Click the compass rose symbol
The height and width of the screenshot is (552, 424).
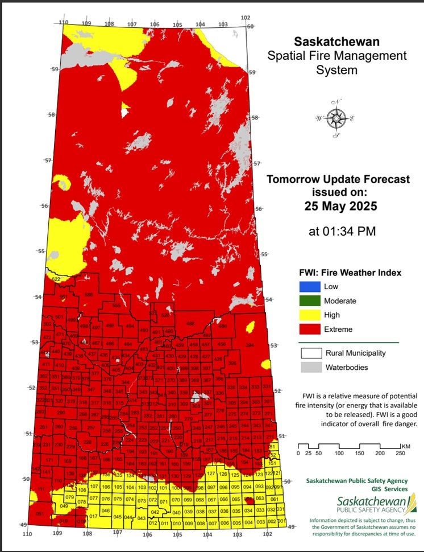pyautogui.click(x=336, y=118)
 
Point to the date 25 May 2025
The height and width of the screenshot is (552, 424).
pyautogui.click(x=338, y=206)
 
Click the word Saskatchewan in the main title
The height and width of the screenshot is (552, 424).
pyautogui.click(x=336, y=42)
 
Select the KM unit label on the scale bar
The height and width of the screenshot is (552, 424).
pyautogui.click(x=405, y=445)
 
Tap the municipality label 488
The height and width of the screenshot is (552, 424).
pyautogui.click(x=190, y=323)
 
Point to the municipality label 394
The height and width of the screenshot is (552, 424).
pyautogui.click(x=249, y=345)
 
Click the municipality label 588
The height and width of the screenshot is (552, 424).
pyautogui.click(x=88, y=294)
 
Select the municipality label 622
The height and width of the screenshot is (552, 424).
pyautogui.click(x=56, y=279)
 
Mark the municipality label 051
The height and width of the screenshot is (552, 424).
pyautogui.click(x=39, y=514)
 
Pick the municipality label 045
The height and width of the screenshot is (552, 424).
pyautogui.click(x=117, y=517)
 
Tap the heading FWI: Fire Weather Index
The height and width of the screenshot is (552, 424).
pyautogui.click(x=350, y=273)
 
